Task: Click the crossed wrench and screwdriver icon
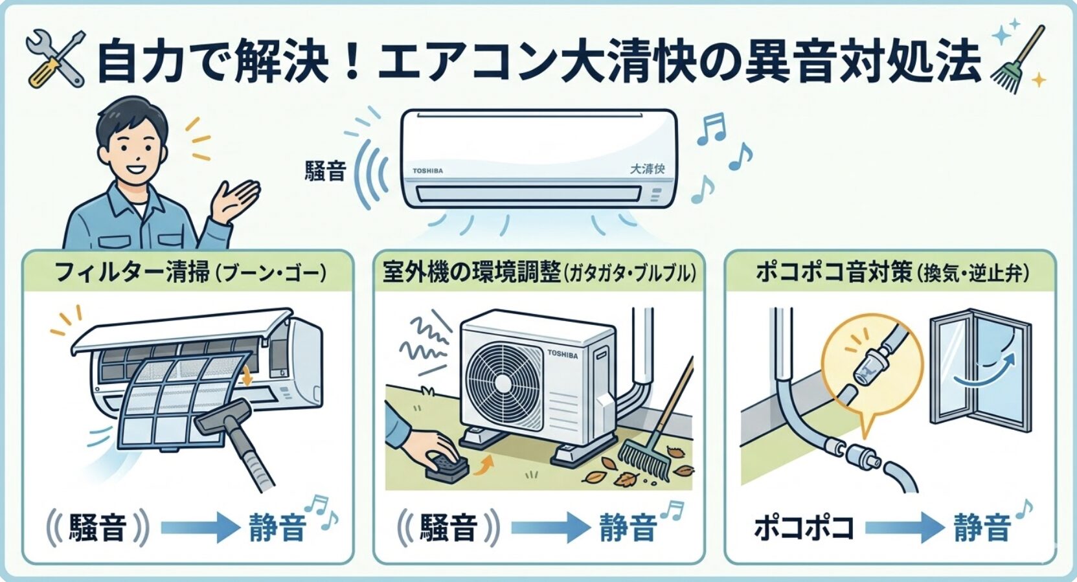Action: pos(56,59)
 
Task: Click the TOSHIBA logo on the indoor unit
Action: pos(428,171)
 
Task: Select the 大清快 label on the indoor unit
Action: pos(647,169)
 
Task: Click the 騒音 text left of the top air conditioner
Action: pos(326,171)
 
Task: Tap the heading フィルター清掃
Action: pos(133,272)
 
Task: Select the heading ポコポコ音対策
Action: pos(835,273)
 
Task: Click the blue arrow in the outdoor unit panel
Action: pos(550,528)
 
